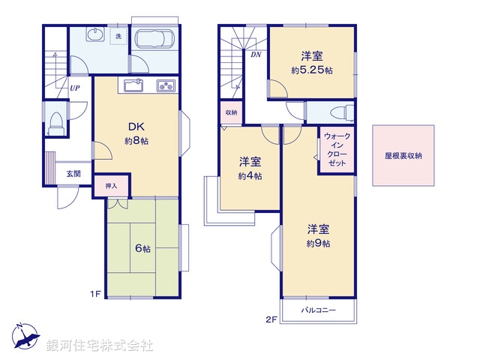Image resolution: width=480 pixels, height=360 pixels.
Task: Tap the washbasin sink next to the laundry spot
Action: tap(95, 35)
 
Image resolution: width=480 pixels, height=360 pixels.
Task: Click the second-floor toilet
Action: tap(339, 112)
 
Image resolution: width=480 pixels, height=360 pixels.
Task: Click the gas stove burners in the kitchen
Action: tap(166, 85)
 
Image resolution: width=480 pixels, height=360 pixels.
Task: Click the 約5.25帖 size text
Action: tap(312, 70)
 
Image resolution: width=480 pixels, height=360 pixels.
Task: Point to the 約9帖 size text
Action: tap(318, 243)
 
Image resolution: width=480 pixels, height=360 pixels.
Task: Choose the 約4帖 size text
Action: tap(250, 176)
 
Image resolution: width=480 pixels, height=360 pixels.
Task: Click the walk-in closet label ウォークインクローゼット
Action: tap(337, 149)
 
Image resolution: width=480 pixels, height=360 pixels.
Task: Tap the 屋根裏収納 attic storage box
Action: tap(403, 156)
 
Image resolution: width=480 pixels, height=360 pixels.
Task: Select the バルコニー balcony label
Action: tap(319, 310)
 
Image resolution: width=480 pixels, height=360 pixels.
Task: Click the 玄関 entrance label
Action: tap(73, 174)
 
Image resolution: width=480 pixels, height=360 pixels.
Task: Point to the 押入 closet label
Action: tap(111, 185)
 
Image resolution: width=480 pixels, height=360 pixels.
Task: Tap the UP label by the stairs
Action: tap(75, 88)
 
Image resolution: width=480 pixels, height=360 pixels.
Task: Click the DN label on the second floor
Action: tap(256, 53)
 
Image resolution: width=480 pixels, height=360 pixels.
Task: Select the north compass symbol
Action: tap(24, 336)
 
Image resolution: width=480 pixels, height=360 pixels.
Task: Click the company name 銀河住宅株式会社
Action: tap(100, 346)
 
